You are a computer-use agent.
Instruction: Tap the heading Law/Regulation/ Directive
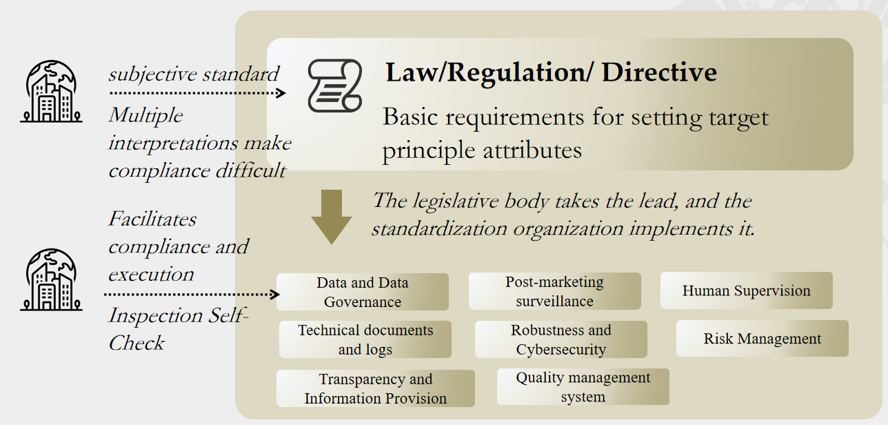point(551,72)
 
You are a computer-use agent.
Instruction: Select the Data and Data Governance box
point(363,292)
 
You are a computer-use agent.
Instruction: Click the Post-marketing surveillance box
point(554,291)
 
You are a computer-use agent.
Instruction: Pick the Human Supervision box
point(746,290)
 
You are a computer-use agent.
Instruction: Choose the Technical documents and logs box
point(365,339)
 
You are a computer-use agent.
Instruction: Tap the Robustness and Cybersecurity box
point(561,339)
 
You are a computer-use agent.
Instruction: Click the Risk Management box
point(762,339)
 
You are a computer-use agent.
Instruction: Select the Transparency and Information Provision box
point(375,388)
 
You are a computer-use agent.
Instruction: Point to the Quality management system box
point(583,387)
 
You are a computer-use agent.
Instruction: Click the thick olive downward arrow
point(332,216)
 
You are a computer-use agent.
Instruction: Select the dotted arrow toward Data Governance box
point(192,295)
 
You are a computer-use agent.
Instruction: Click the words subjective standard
point(194,74)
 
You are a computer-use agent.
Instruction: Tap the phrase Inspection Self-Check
point(178,329)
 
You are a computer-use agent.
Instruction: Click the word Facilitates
point(152,219)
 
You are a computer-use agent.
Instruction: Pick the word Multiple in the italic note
point(145,115)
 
